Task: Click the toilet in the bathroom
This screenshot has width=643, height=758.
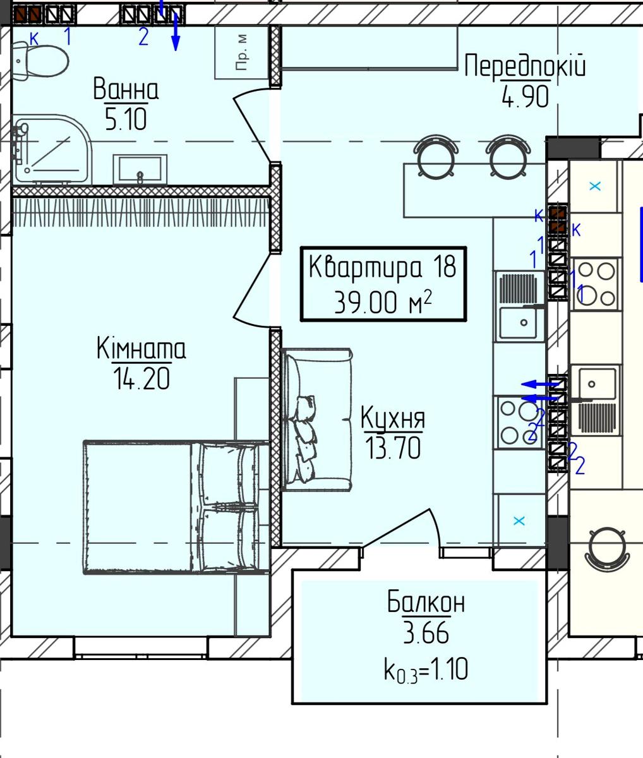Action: [40, 61]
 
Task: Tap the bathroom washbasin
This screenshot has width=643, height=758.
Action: [140, 169]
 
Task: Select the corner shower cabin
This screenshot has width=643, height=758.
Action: [51, 150]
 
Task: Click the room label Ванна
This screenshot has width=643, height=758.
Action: [126, 88]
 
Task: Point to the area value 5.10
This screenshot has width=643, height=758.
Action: [126, 119]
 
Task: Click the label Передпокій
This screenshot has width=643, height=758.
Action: [525, 66]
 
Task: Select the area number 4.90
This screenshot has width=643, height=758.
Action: [526, 97]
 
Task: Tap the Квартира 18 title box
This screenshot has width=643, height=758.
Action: [383, 284]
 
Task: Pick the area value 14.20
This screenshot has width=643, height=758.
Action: [141, 379]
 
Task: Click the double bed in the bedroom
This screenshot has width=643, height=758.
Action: [177, 507]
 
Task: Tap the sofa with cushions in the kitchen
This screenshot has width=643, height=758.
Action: [317, 419]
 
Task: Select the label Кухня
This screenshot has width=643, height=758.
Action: [393, 418]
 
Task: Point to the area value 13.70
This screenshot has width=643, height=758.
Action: [393, 448]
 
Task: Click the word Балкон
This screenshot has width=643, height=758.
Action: [426, 602]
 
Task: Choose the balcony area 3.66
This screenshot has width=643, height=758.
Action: [426, 632]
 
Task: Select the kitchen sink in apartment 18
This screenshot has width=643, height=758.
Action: [519, 306]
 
